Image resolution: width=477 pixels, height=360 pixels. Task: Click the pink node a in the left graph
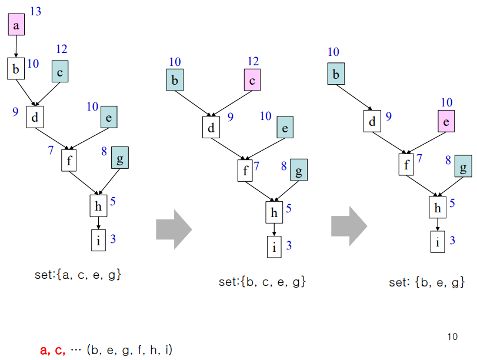pyautogui.click(x=16, y=25)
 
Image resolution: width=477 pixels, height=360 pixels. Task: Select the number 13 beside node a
pyautogui.click(x=35, y=11)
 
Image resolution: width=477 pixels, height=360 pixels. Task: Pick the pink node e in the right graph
pyautogui.click(x=446, y=122)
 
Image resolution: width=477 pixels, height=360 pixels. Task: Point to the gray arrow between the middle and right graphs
pyautogui.click(x=349, y=225)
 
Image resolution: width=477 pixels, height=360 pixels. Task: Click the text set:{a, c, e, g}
pyautogui.click(x=78, y=274)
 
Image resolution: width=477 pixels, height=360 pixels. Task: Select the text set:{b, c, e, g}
pyautogui.click(x=262, y=282)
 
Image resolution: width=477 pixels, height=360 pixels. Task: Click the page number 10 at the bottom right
pyautogui.click(x=452, y=336)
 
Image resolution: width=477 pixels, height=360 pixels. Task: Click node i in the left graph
pyautogui.click(x=98, y=240)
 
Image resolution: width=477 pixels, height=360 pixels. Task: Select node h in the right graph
pyautogui.click(x=437, y=207)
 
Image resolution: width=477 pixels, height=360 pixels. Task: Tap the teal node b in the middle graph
pyautogui.click(x=175, y=80)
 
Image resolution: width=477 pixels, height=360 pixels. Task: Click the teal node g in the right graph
pyautogui.click(x=463, y=168)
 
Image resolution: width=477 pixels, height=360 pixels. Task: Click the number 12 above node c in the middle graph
pyautogui.click(x=253, y=61)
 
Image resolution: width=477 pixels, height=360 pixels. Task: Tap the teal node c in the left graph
pyautogui.click(x=60, y=72)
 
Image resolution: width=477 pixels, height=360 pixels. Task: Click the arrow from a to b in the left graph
pyautogui.click(x=16, y=46)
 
